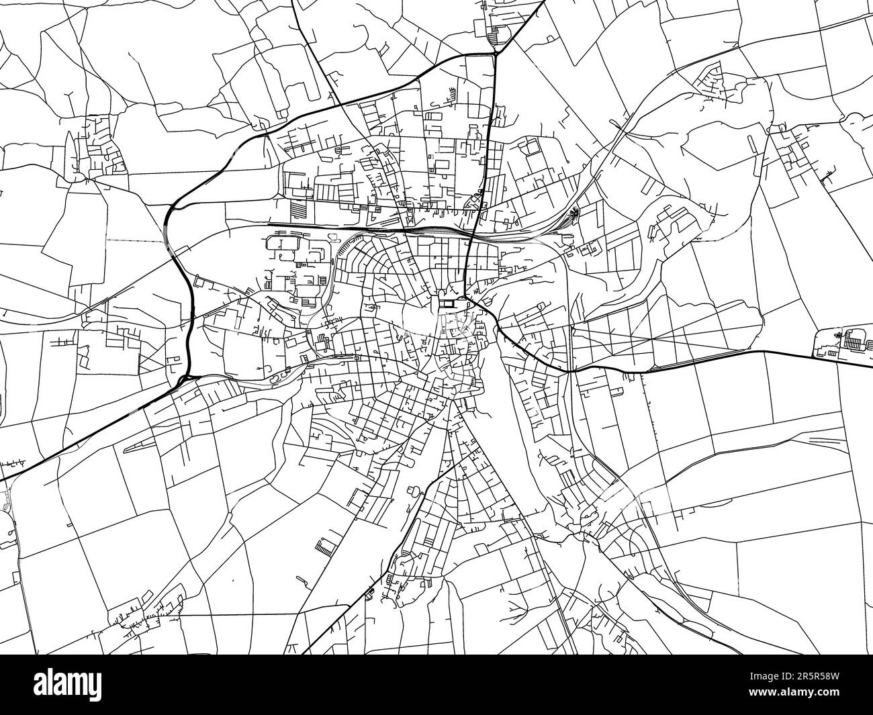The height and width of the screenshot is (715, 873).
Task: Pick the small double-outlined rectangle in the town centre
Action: click(446, 303)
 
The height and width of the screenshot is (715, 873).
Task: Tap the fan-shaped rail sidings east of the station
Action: click(573, 214)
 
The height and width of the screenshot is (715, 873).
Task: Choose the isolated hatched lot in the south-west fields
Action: click(324, 546)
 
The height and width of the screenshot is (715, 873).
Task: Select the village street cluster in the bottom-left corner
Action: click(144, 614)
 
